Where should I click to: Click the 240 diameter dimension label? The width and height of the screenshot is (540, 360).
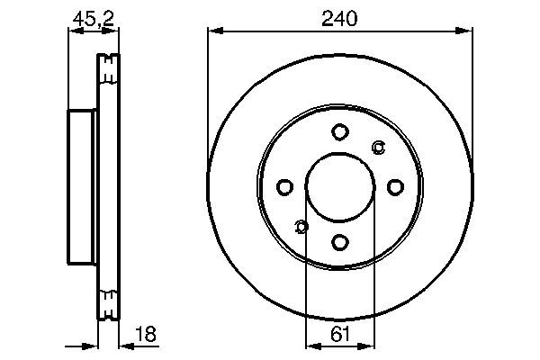340,17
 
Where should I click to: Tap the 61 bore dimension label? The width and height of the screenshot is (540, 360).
339,335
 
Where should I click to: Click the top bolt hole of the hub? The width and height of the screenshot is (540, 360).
340,132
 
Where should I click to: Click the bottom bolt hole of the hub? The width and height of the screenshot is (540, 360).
340,241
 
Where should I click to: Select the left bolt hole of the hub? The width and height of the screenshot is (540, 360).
285,187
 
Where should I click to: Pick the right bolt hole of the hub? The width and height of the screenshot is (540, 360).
394,187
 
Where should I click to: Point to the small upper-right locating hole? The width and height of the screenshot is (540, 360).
378,148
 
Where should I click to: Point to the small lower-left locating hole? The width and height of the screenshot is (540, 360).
301,226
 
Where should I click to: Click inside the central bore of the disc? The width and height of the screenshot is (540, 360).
340,187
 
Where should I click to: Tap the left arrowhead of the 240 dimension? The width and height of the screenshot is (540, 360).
212,30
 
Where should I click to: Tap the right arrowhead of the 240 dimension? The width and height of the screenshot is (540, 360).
468,30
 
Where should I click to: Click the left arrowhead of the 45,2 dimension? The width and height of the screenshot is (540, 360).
72,30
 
